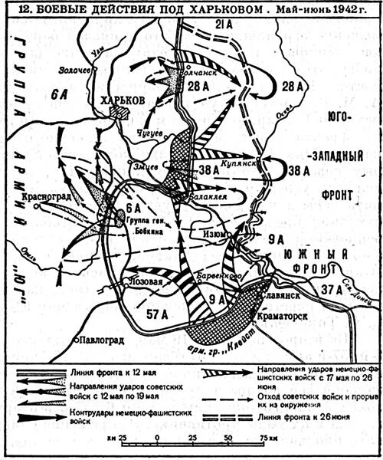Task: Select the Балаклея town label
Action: point(198,195)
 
